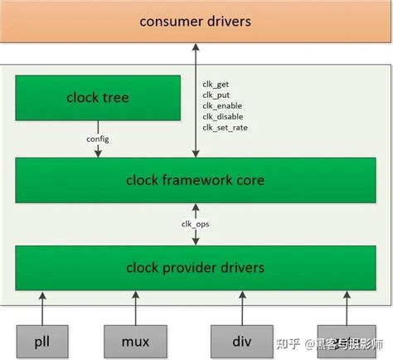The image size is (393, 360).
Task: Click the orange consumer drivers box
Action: coord(196,20)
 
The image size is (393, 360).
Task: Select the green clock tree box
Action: coord(98,98)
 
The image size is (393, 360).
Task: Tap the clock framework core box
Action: coord(196,179)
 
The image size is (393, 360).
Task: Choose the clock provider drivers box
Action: coord(196,267)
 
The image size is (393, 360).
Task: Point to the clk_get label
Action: coord(215,84)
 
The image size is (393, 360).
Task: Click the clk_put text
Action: coord(215,95)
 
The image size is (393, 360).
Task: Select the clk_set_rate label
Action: coord(225,127)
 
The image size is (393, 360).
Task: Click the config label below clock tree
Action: coord(98,139)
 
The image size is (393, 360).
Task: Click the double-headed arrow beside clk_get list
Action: coord(196,100)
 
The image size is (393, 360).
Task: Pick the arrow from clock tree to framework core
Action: coord(98,149)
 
